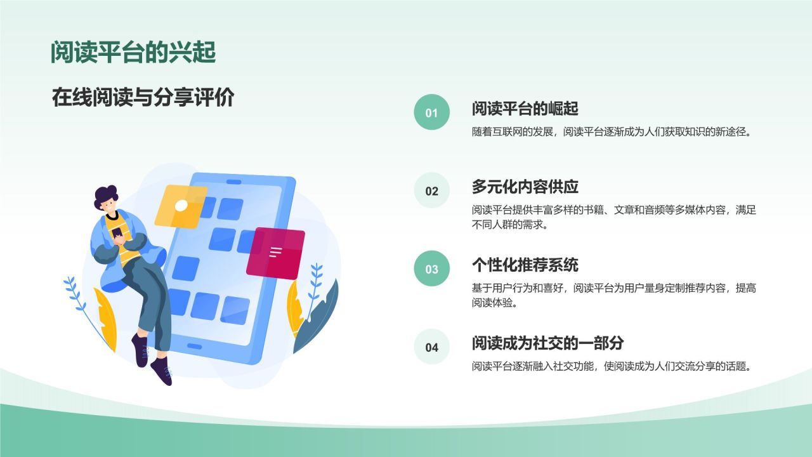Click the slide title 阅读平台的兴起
click(x=133, y=53)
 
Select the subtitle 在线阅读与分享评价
click(x=143, y=97)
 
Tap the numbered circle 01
click(x=432, y=112)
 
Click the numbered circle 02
click(x=432, y=190)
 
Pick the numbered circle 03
click(x=432, y=268)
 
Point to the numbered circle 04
click(x=432, y=347)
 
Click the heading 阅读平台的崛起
click(x=525, y=109)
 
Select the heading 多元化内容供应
click(x=525, y=187)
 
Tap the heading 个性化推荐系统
click(x=525, y=265)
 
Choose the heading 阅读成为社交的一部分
click(x=547, y=343)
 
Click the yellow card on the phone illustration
click(x=181, y=206)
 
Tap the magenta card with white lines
click(x=275, y=253)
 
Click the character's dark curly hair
click(x=105, y=197)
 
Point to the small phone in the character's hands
click(x=117, y=233)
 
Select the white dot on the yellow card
click(x=181, y=206)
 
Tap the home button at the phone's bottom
click(x=194, y=346)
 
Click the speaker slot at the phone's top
click(x=234, y=182)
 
